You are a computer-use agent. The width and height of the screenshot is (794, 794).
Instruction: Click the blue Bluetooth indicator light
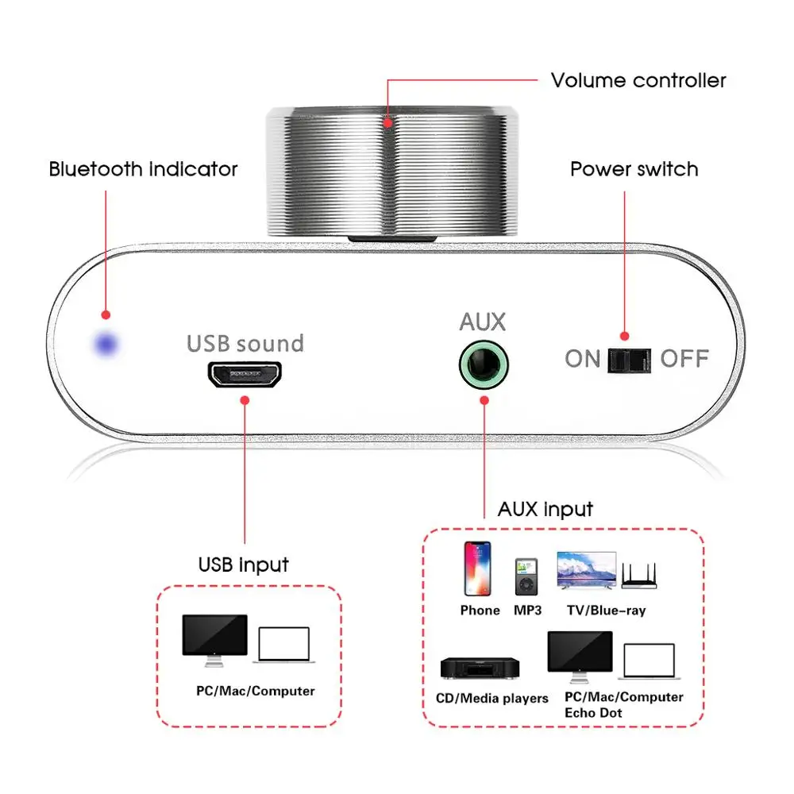(x=105, y=345)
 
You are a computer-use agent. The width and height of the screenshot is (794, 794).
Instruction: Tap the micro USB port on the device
(x=245, y=375)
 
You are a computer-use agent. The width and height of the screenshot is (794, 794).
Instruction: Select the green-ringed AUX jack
(x=483, y=364)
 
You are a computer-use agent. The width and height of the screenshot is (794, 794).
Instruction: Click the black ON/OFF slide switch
(x=628, y=360)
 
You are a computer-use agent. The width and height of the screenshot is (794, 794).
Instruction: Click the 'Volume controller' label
(x=638, y=80)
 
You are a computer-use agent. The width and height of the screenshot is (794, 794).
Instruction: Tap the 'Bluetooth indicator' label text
(x=143, y=169)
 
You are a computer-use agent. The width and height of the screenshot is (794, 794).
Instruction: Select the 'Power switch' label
(x=634, y=169)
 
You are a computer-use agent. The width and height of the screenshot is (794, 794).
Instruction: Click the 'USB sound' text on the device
(x=245, y=344)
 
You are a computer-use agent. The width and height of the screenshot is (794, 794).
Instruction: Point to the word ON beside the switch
(x=583, y=359)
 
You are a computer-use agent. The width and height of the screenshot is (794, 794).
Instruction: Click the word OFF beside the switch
(x=684, y=359)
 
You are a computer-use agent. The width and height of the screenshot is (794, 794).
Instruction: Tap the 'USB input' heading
(x=244, y=565)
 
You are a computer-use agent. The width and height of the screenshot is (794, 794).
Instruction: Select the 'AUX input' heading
(x=545, y=509)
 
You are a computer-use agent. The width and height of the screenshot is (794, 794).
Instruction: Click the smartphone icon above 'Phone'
(x=477, y=568)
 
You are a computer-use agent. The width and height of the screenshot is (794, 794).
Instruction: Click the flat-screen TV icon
(x=587, y=570)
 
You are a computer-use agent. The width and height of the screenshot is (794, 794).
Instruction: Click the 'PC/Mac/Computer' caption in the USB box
(x=256, y=691)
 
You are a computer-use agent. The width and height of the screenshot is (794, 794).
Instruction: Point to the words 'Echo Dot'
(x=593, y=712)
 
